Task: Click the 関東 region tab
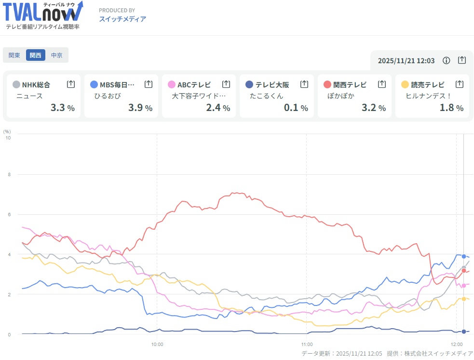pos(14,55)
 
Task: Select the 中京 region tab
pos(57,55)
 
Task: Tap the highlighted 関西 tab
pos(36,55)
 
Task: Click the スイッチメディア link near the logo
pos(122,19)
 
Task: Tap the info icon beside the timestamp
pos(447,60)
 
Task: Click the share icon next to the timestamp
pos(462,60)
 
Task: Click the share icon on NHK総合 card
pos(71,84)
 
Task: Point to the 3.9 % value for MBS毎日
pos(140,108)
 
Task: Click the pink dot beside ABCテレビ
pos(172,84)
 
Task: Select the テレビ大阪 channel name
pos(272,84)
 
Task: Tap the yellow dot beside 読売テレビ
pos(405,84)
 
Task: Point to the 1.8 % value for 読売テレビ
pos(451,108)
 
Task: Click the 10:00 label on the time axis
pos(157,345)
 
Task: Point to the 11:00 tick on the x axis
pos(307,345)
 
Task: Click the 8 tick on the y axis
pos(8,174)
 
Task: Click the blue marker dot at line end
pos(464,256)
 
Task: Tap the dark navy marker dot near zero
pos(464,332)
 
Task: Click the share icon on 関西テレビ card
pos(382,84)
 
